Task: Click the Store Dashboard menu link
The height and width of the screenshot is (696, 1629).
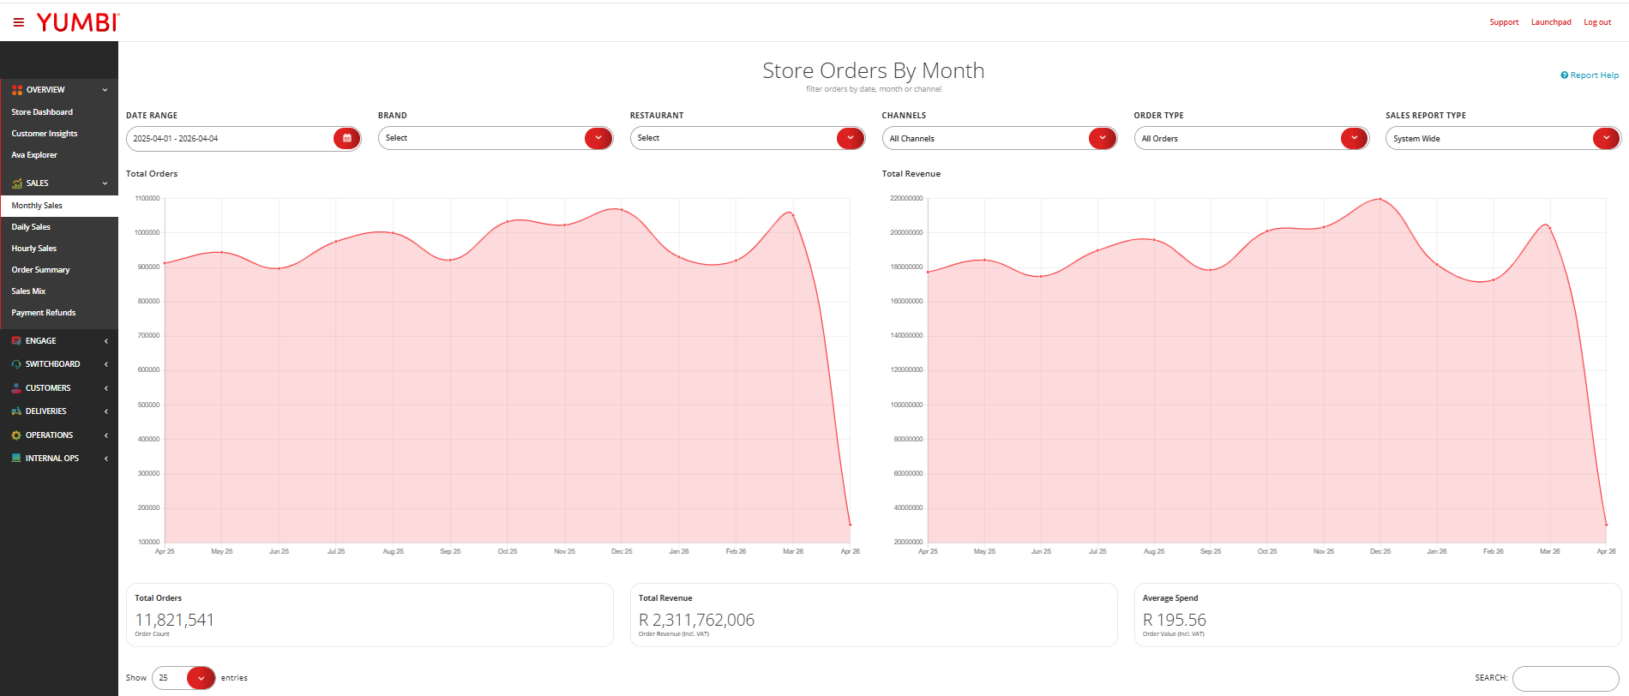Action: (42, 112)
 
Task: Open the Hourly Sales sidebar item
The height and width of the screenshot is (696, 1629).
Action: (34, 249)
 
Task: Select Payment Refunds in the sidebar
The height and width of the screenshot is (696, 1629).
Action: (44, 313)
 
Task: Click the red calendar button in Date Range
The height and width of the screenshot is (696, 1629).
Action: (347, 138)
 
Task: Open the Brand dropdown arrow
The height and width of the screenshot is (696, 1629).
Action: (598, 138)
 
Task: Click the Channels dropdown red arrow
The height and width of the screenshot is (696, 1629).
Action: (1103, 138)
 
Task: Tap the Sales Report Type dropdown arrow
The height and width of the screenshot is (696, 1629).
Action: (1607, 138)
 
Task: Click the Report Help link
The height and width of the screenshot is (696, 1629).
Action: (1590, 75)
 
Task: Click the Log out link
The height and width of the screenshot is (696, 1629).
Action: (1597, 22)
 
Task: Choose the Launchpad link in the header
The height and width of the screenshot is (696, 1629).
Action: (1551, 22)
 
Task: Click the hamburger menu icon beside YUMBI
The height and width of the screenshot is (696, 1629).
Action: (19, 22)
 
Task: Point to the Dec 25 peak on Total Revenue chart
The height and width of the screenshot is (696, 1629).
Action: (1380, 199)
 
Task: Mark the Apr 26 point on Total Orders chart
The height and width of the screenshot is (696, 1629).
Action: (850, 525)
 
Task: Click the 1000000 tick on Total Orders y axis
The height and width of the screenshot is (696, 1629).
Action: (147, 232)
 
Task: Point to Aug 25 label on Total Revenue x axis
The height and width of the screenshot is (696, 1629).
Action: (1154, 552)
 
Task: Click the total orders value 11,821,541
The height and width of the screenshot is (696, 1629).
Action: (175, 620)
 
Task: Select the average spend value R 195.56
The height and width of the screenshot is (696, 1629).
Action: (1175, 620)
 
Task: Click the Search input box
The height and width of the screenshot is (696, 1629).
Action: (1566, 678)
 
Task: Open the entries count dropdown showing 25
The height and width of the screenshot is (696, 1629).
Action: (183, 678)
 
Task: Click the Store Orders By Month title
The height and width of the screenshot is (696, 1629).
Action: (874, 70)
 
